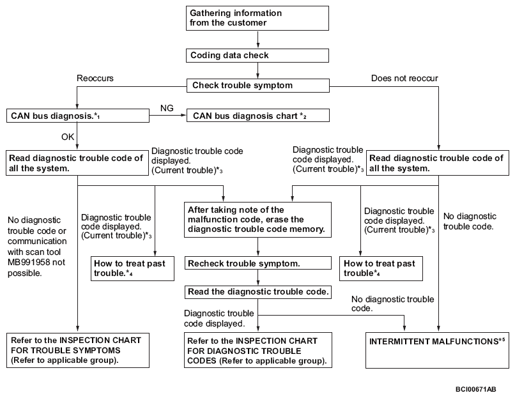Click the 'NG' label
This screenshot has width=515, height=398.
[167, 108]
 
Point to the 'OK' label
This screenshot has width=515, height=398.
[68, 137]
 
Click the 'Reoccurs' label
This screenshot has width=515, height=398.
[95, 78]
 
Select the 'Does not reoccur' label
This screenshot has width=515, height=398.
[404, 78]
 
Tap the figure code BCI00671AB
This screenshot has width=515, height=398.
[475, 390]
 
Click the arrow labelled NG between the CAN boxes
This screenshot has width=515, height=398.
[168, 115]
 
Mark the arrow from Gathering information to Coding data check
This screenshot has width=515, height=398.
[258, 40]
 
